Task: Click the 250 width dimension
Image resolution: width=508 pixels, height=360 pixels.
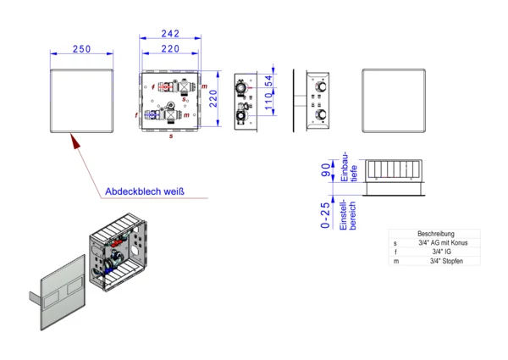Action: (x=81, y=49)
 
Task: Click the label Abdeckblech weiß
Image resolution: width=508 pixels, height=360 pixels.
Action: (x=145, y=191)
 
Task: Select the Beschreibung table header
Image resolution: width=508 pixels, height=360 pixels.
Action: (x=436, y=233)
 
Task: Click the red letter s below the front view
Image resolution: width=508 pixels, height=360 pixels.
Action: (x=171, y=135)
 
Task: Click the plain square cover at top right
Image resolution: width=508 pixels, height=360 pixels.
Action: (x=392, y=100)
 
